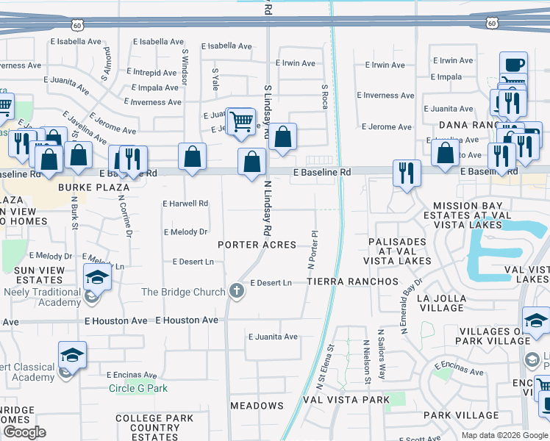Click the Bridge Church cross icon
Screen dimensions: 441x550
pyautogui.click(x=237, y=291)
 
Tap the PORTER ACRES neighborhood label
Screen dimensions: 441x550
pyautogui.click(x=257, y=245)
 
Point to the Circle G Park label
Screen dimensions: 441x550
pyautogui.click(x=138, y=388)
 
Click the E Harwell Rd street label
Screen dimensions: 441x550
pyautogui.click(x=185, y=204)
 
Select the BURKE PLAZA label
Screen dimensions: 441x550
pyautogui.click(x=94, y=187)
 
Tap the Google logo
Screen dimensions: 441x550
pyautogui.click(x=24, y=431)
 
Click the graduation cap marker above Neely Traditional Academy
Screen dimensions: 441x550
pyautogui.click(x=96, y=279)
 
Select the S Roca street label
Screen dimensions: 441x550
pyautogui.click(x=324, y=96)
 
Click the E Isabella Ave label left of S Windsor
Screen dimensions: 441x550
pyautogui.click(x=77, y=42)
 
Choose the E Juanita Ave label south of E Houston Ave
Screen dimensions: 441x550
pyautogui.click(x=273, y=337)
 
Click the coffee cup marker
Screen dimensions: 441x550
pyautogui.click(x=513, y=64)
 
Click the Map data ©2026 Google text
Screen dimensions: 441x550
pyautogui.click(x=505, y=435)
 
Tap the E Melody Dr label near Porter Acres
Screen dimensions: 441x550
pyautogui.click(x=185, y=232)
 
